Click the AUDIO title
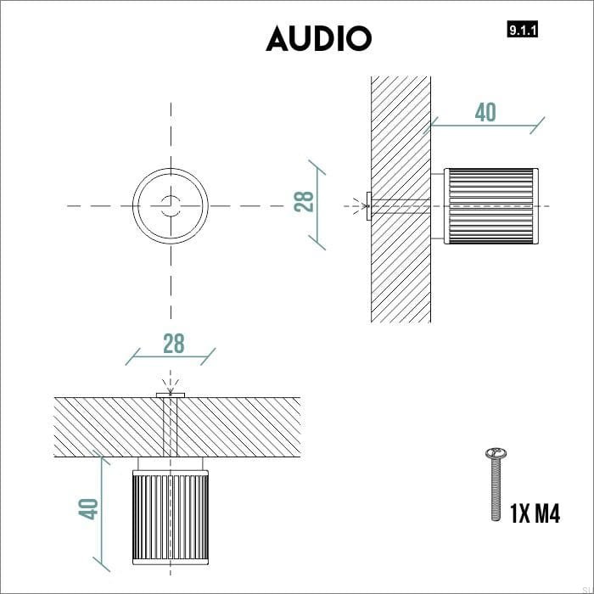[318, 38]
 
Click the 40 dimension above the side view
[485, 113]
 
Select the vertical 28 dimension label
[304, 201]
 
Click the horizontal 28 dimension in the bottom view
[173, 344]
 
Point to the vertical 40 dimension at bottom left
[89, 508]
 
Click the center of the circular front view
[171, 206]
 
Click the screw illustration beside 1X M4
[491, 484]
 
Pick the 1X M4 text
[535, 513]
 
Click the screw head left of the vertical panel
[367, 206]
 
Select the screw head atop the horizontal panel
[171, 395]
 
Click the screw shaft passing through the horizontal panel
[171, 427]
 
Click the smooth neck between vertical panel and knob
[437, 206]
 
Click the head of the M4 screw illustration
[490, 452]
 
